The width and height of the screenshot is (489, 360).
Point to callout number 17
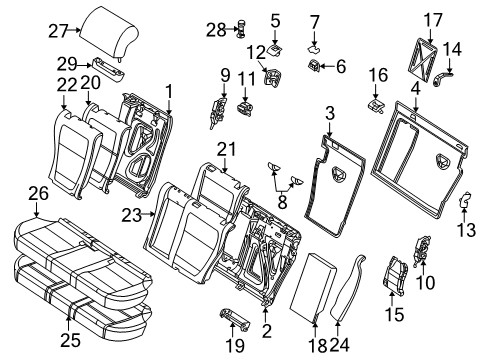(x=432, y=18)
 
